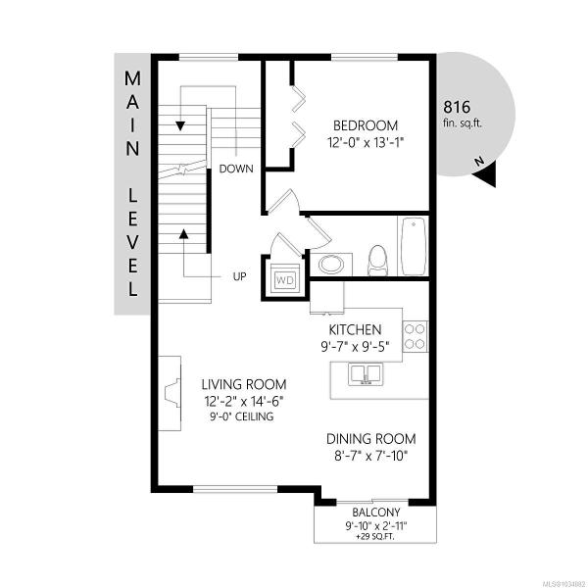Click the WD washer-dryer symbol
click(285, 278)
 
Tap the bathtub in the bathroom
click(414, 246)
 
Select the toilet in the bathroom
click(377, 261)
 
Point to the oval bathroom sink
click(331, 265)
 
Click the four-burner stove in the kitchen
click(415, 336)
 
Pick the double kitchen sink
click(366, 374)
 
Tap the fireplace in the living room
click(171, 393)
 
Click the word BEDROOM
click(366, 125)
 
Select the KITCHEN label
click(355, 329)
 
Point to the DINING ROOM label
click(370, 439)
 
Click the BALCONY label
click(376, 513)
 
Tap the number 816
click(457, 107)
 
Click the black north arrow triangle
click(486, 174)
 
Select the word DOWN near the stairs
click(236, 169)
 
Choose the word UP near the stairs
click(240, 276)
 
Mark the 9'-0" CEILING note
click(242, 416)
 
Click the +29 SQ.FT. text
click(375, 537)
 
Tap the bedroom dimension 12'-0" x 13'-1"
click(366, 142)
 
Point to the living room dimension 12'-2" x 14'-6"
click(244, 401)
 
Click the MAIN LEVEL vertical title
click(132, 184)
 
